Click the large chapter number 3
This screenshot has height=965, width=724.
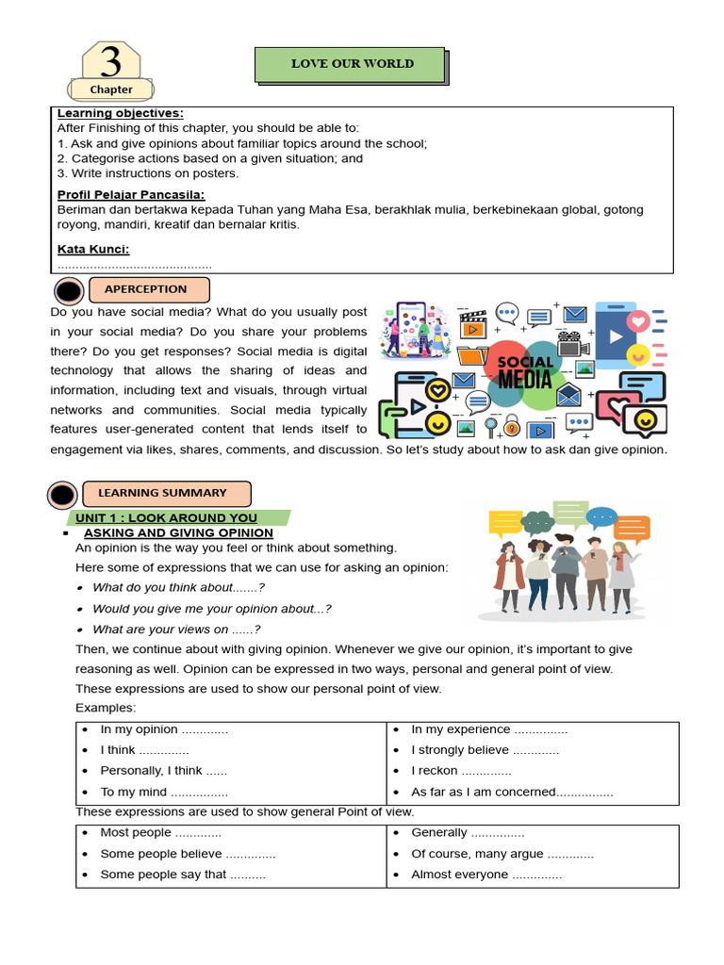pos(111,61)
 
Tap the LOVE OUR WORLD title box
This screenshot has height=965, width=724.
pos(352,64)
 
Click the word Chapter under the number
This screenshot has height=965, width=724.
pos(111,90)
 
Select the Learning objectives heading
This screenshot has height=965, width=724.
pos(121,113)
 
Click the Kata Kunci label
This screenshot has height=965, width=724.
pos(93,250)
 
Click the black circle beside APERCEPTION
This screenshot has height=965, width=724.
pos(70,290)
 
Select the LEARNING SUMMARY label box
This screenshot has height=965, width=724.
pos(167,493)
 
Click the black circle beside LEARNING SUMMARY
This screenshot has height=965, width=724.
pos(62,494)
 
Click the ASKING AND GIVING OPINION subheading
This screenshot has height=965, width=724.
pos(178,532)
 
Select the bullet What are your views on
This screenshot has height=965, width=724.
pos(176,630)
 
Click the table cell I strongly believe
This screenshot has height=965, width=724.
pos(485,750)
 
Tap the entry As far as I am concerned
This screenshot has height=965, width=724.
pos(512,793)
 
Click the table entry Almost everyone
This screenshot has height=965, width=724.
pos(485,875)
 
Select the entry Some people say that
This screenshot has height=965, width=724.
pos(183,875)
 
